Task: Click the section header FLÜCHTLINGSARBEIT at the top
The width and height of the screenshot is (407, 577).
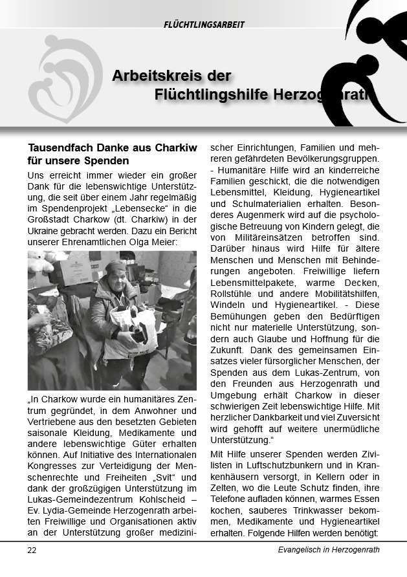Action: (204, 25)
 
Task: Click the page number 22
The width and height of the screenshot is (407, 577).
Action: (32, 550)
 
